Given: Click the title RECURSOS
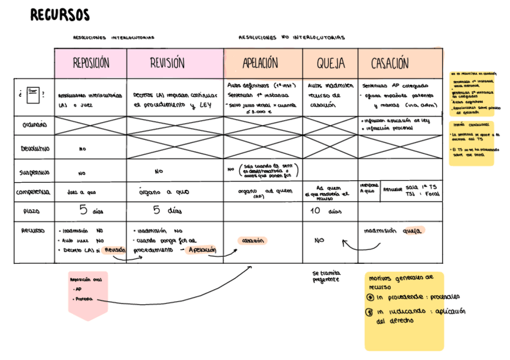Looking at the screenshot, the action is click(60, 15).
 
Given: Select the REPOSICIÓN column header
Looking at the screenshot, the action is click(91, 63).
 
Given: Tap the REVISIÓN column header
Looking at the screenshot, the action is click(167, 63).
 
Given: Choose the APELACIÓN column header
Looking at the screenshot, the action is click(260, 63).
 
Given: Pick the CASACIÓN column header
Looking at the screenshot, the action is click(389, 64).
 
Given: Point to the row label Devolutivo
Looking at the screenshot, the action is click(35, 148).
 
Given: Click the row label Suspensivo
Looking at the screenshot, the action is click(35, 172).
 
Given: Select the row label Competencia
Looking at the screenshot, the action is click(35, 192).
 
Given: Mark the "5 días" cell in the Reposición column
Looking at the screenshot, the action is click(91, 210).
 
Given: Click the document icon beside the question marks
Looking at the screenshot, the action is click(33, 94).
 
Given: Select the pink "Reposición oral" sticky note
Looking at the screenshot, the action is click(88, 294).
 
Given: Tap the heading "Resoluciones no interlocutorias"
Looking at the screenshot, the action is click(292, 37).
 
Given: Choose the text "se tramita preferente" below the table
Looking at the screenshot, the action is click(326, 276).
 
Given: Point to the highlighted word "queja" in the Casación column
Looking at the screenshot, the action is click(413, 230).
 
